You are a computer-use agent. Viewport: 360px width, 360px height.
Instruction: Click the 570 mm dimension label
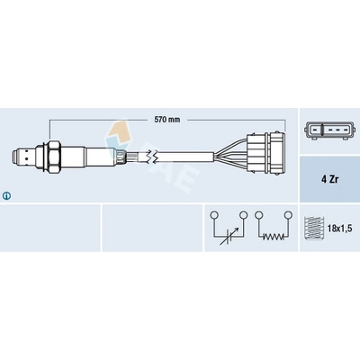point(167,120)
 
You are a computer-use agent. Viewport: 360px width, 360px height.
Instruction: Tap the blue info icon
point(6,196)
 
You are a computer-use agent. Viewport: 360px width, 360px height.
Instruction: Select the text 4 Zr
point(328,180)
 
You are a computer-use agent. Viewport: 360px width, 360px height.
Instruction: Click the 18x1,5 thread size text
point(339,229)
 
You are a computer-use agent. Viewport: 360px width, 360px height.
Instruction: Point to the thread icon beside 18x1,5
point(314,229)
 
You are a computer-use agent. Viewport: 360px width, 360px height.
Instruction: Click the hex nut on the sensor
point(54,156)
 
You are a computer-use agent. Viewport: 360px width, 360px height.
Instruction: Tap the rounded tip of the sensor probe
point(14,156)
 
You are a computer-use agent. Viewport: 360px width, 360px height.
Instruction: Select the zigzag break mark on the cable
point(150,156)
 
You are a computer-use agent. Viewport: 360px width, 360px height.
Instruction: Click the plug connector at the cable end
point(265,156)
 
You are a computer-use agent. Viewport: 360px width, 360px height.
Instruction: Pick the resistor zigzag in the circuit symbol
point(274,237)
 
